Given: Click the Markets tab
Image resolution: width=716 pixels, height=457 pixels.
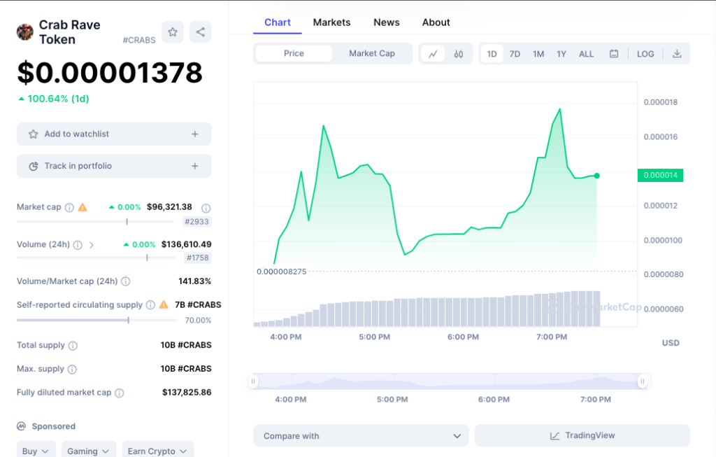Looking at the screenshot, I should tap(331, 22).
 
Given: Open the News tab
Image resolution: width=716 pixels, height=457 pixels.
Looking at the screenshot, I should tap(386, 22).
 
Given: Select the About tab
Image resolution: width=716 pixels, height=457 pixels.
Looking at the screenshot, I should tap(436, 22).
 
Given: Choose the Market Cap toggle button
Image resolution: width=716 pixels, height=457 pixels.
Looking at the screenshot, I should tap(371, 54).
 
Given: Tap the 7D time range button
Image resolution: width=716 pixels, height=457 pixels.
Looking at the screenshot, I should tap(515, 54).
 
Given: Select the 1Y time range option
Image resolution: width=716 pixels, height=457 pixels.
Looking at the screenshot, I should tap(561, 54).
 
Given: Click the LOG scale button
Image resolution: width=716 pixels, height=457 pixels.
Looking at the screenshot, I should tap(645, 54).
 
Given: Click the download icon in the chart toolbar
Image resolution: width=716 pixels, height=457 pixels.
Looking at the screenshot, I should tap(677, 54).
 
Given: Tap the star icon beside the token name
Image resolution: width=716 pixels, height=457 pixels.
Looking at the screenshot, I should tap(173, 31).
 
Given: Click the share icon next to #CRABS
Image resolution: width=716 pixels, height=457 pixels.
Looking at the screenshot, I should tap(201, 31).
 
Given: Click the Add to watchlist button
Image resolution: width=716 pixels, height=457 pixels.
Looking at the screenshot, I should tap(114, 134).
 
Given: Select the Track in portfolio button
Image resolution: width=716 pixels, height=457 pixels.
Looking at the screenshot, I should tap(114, 167).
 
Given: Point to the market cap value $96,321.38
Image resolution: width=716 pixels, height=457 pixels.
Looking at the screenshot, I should tap(169, 207).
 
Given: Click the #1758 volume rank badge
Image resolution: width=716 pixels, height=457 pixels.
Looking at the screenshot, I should tap(197, 258).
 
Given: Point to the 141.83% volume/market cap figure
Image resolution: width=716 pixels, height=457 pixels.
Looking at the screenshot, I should tap(194, 281).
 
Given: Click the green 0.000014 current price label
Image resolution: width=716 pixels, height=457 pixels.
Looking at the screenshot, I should tap(660, 176).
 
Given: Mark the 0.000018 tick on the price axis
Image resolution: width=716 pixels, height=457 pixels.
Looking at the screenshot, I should tap(661, 103).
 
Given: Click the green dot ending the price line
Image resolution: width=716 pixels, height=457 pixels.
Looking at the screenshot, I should tap(596, 176).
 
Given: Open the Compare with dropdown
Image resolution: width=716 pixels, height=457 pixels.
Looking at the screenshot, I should tap(361, 436).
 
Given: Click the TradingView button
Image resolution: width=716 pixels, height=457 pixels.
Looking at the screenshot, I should tap(582, 436).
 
